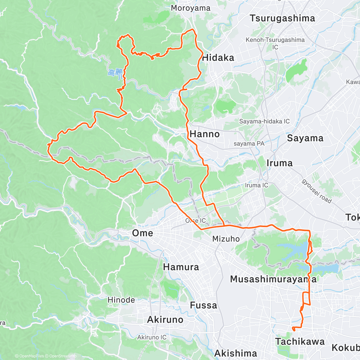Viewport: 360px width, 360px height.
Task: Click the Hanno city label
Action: pyautogui.click(x=205, y=134)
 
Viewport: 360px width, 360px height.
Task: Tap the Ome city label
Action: pyautogui.click(x=142, y=233)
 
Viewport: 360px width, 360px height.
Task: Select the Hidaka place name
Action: pyautogui.click(x=218, y=58)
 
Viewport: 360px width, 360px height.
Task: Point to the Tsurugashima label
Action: pyautogui.click(x=282, y=18)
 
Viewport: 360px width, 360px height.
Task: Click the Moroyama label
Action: pyautogui.click(x=190, y=8)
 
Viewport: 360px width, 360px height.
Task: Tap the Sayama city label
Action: pyautogui.click(x=305, y=138)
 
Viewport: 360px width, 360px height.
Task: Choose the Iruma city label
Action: pyautogui.click(x=279, y=163)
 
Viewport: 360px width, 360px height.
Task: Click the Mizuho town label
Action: pyautogui.click(x=226, y=239)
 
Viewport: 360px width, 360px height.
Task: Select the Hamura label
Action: pyautogui.click(x=181, y=267)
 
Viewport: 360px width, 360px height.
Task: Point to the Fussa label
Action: pyautogui.click(x=203, y=305)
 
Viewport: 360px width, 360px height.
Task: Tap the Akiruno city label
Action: pyautogui.click(x=165, y=320)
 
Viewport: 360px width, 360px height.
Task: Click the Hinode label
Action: pyautogui.click(x=121, y=300)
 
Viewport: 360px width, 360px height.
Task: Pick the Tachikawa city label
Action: pyautogui.click(x=300, y=342)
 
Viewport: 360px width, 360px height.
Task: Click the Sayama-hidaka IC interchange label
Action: pyautogui.click(x=264, y=121)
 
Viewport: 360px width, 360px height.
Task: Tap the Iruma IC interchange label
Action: pyautogui.click(x=256, y=185)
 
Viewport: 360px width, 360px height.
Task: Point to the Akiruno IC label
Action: pyautogui.click(x=152, y=337)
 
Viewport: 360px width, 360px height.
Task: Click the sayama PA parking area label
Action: pyautogui.click(x=249, y=144)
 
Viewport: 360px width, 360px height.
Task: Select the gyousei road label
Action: pyautogui.click(x=317, y=191)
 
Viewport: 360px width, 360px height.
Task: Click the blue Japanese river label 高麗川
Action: pyautogui.click(x=115, y=73)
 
